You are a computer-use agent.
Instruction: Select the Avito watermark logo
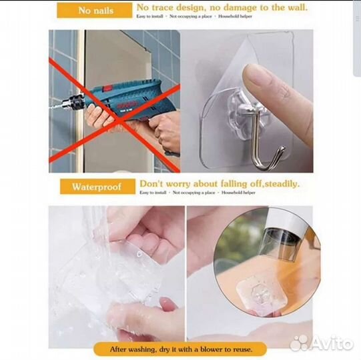click(321, 343)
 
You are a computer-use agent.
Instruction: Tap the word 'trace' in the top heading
click(170, 8)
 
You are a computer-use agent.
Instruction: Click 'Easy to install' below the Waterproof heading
click(153, 193)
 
